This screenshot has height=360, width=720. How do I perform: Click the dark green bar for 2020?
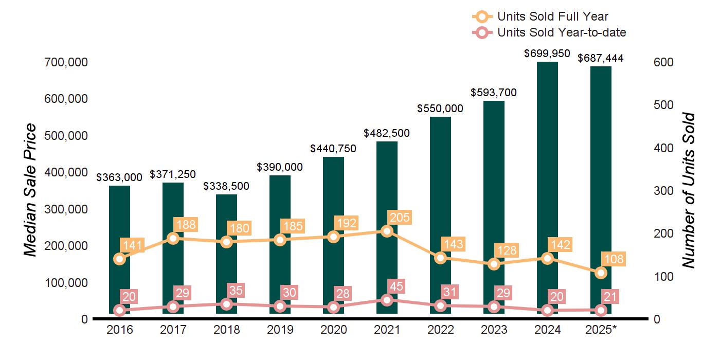[333, 236]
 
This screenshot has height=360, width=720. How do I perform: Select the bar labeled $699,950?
[547, 188]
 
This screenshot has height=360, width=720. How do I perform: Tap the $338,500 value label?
[226, 186]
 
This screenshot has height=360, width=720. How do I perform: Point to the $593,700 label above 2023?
[493, 93]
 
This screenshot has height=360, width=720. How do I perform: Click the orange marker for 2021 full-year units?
[387, 231]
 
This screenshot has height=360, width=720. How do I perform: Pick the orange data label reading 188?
[186, 224]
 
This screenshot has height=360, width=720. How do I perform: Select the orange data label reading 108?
[614, 259]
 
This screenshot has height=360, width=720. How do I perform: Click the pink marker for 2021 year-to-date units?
[387, 300]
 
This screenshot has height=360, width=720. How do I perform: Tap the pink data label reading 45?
[396, 286]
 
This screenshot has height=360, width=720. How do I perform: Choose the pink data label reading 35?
[236, 290]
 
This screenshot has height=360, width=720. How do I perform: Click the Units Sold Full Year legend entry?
[540, 16]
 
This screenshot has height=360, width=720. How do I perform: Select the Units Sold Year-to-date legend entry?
[549, 32]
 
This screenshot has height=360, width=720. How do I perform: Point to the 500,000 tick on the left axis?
[66, 135]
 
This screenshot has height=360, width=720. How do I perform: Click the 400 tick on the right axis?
[663, 148]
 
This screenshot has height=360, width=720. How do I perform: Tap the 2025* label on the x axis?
[601, 330]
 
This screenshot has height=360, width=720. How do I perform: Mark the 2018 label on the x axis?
[227, 330]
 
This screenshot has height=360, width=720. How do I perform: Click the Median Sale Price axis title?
[30, 190]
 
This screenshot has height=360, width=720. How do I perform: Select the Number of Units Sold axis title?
[689, 191]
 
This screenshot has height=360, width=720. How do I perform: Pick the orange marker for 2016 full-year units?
[119, 259]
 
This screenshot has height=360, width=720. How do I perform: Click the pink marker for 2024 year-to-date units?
[547, 310]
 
